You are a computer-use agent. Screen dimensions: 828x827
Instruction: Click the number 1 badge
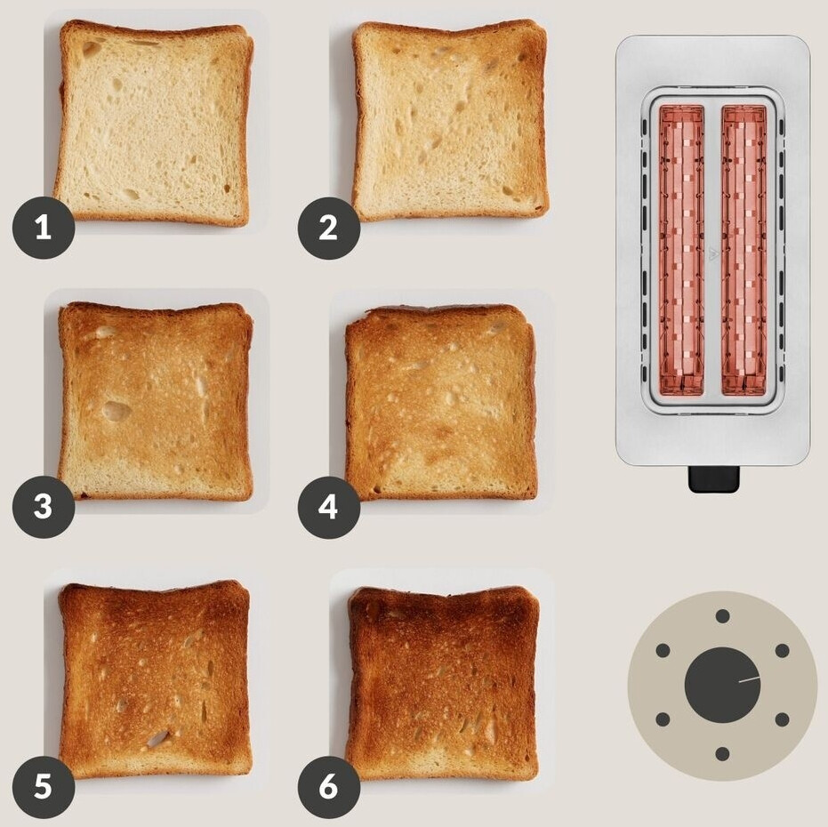[44, 228]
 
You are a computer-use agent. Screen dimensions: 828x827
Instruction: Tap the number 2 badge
[328, 229]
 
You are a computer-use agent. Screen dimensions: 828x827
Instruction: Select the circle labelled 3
[44, 507]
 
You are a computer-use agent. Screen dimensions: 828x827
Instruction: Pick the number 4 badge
[328, 508]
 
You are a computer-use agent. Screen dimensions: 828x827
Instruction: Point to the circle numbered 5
[44, 787]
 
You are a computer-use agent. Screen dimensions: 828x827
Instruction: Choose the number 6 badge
[328, 787]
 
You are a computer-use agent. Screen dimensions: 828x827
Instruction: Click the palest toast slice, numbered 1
[153, 123]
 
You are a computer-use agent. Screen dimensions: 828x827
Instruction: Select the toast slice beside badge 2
[450, 120]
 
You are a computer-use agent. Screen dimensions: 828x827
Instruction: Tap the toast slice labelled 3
[156, 401]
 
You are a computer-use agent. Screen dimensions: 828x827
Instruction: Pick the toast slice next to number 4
[441, 403]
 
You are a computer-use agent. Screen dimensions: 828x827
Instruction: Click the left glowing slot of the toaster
[681, 250]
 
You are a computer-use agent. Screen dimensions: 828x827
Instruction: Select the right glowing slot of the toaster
[744, 250]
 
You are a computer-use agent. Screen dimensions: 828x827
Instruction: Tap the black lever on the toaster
[713, 478]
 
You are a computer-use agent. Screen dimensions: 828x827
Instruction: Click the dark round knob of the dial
[722, 685]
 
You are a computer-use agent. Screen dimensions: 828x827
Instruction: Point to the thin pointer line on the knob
[750, 679]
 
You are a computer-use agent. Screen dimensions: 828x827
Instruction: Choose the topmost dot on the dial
[722, 616]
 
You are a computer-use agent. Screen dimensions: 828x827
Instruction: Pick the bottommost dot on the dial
[722, 753]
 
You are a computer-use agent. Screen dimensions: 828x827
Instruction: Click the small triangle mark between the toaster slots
[713, 254]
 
